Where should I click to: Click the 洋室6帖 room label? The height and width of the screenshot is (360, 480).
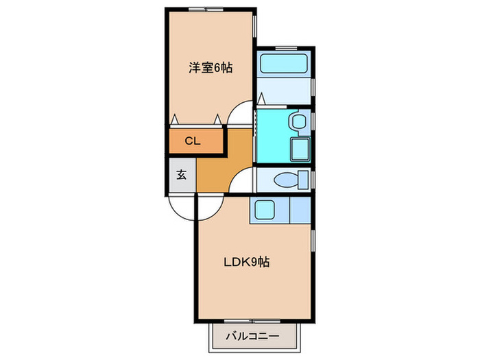(x=210, y=68)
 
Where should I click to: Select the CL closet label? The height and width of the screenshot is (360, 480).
(x=193, y=142)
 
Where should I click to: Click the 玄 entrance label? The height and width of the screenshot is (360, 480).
(x=181, y=174)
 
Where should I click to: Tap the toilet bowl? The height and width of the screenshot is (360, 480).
(x=284, y=180)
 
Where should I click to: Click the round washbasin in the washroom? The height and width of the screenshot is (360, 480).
(x=297, y=122)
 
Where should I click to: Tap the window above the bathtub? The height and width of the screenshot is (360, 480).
(x=286, y=47)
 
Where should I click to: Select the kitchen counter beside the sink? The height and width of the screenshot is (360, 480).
(x=300, y=209)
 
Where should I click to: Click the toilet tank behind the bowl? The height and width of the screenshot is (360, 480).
(x=304, y=180)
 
